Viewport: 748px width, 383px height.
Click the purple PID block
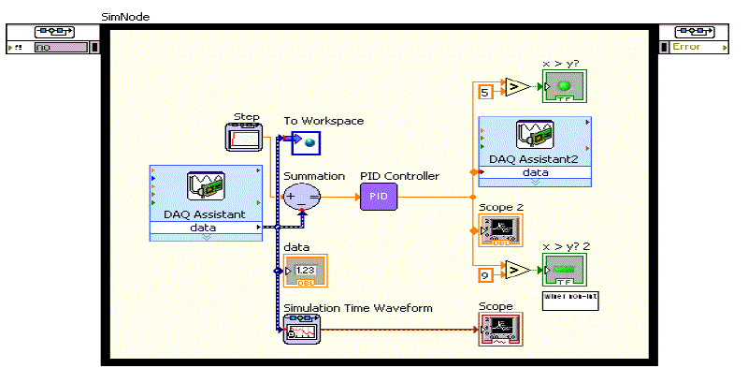[x=379, y=197]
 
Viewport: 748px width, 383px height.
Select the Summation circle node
[x=302, y=197]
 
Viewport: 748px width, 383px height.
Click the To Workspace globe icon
[x=305, y=143]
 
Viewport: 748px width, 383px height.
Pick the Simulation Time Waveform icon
[x=303, y=331]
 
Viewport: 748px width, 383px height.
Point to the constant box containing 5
[x=485, y=92]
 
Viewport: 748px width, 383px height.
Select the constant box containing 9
[x=485, y=275]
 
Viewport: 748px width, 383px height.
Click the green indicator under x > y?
[x=565, y=87]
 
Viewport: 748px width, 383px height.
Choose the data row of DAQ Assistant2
[x=535, y=172]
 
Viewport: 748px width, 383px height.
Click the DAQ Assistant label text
[x=206, y=214]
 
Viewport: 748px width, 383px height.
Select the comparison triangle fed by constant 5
[x=514, y=87]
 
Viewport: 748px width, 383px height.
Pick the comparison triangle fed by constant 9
[x=514, y=271]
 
